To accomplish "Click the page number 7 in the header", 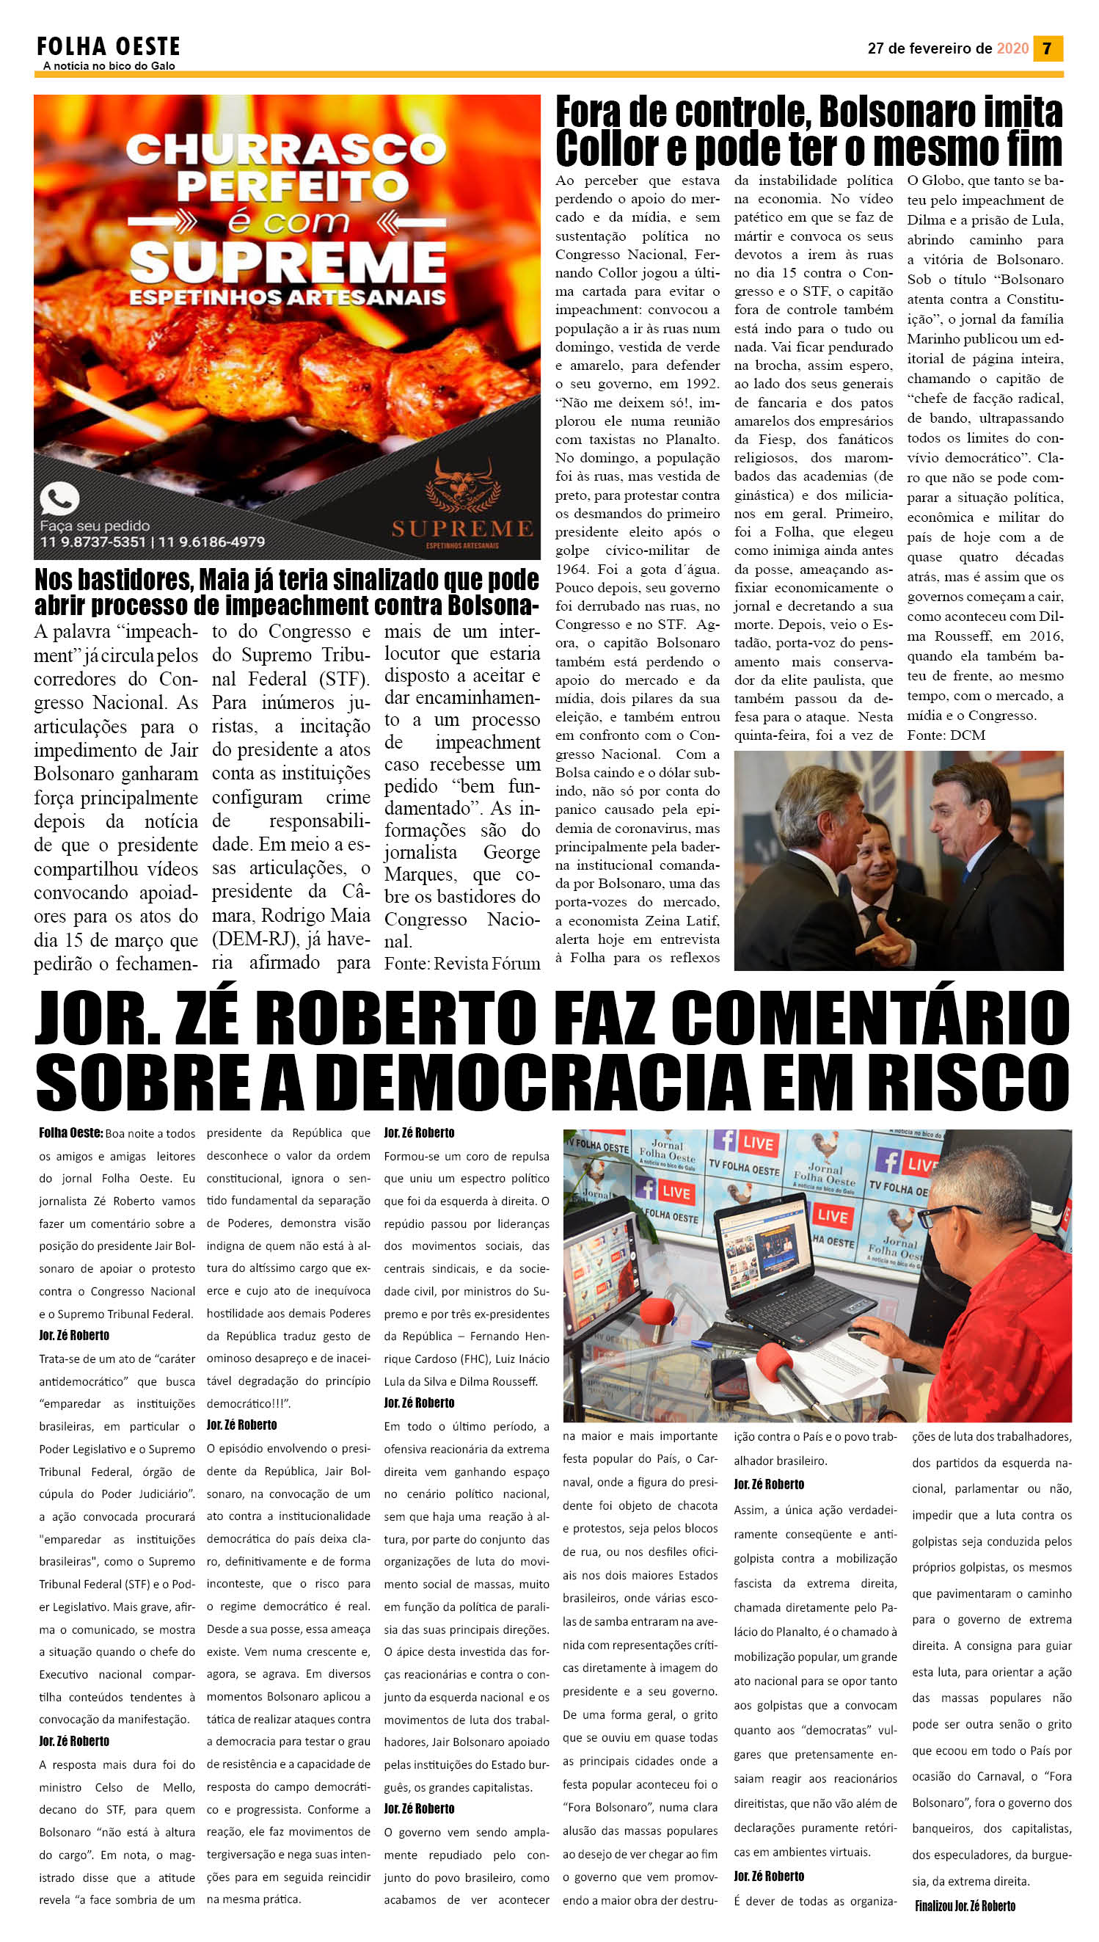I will [1047, 48].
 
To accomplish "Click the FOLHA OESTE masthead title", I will [108, 48].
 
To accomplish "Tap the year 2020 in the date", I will [1012, 48].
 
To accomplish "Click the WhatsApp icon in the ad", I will [59, 500].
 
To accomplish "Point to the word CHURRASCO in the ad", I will [286, 150].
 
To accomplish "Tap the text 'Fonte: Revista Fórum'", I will [462, 964].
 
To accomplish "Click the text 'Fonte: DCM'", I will [946, 735].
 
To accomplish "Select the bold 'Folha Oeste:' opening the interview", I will [71, 1132].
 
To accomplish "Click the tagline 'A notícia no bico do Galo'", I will [109, 66].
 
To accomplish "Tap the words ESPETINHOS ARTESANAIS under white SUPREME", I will [287, 297].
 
